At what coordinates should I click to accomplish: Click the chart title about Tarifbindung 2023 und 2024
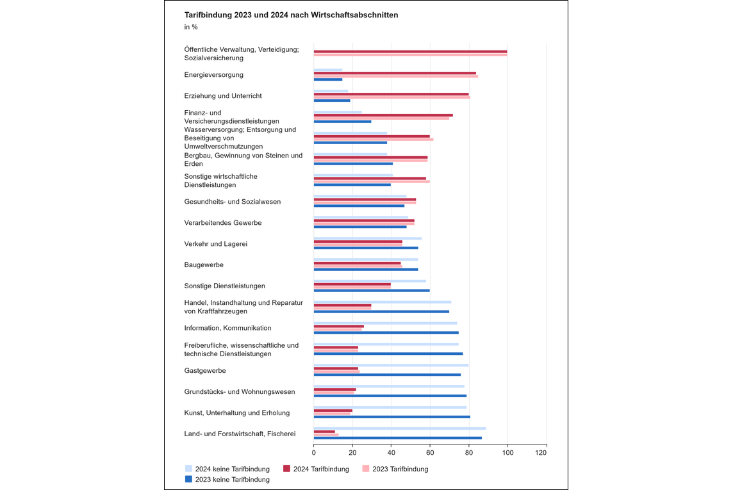click(292, 15)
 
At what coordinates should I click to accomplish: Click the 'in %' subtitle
click(191, 27)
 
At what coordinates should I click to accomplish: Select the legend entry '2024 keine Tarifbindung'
click(227, 469)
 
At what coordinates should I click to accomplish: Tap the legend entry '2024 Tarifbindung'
click(316, 469)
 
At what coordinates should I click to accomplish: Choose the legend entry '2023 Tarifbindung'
click(395, 469)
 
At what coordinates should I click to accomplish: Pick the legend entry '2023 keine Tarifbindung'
click(227, 480)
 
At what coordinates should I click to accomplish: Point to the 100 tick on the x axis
click(507, 453)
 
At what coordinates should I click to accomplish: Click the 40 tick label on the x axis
click(391, 453)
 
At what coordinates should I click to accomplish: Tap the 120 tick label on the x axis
click(541, 453)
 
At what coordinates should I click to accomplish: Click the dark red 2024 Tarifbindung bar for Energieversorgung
click(395, 73)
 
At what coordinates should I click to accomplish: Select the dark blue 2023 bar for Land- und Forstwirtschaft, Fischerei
click(398, 438)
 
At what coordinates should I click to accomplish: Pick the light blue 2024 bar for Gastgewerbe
click(391, 365)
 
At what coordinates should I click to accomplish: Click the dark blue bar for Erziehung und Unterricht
click(332, 101)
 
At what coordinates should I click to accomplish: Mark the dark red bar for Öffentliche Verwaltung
click(411, 51)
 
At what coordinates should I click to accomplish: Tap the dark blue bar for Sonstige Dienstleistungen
click(372, 291)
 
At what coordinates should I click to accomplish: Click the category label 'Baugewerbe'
click(204, 265)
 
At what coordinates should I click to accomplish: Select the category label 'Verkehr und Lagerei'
click(215, 244)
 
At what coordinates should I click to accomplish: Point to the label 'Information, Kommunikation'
click(227, 328)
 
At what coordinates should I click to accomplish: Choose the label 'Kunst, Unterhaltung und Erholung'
click(237, 413)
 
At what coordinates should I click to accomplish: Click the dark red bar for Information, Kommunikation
click(339, 326)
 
